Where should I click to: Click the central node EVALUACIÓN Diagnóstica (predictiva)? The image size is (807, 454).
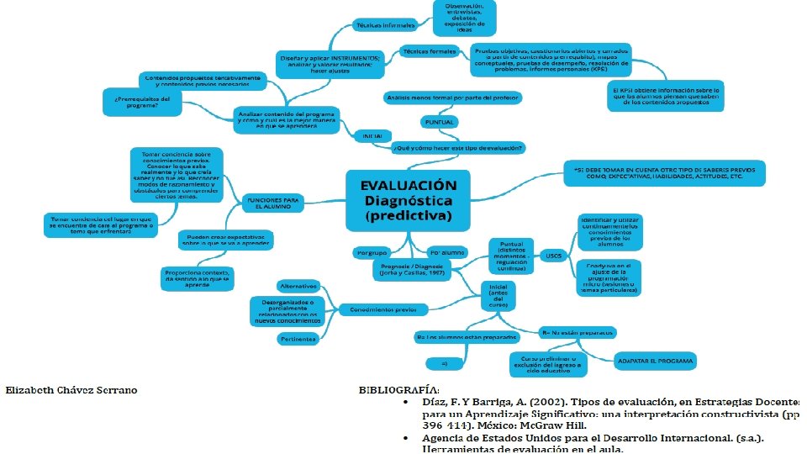click(x=409, y=200)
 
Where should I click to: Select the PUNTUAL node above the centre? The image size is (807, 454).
click(x=440, y=123)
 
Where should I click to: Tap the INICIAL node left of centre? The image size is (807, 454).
click(x=372, y=135)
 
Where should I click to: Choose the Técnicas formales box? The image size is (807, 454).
click(x=429, y=51)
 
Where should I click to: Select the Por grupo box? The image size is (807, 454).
click(x=371, y=252)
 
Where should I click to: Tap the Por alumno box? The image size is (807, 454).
click(x=447, y=252)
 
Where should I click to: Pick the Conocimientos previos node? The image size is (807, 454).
click(x=383, y=309)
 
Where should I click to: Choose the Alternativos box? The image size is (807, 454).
click(x=298, y=286)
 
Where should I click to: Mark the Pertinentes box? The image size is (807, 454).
click(x=298, y=339)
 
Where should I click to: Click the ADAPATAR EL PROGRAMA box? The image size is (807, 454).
click(x=656, y=362)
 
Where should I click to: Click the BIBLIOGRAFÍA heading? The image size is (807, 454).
click(x=398, y=390)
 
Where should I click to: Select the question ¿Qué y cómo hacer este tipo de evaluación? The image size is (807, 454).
click(x=459, y=148)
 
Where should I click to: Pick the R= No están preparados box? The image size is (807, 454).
click(x=579, y=332)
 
